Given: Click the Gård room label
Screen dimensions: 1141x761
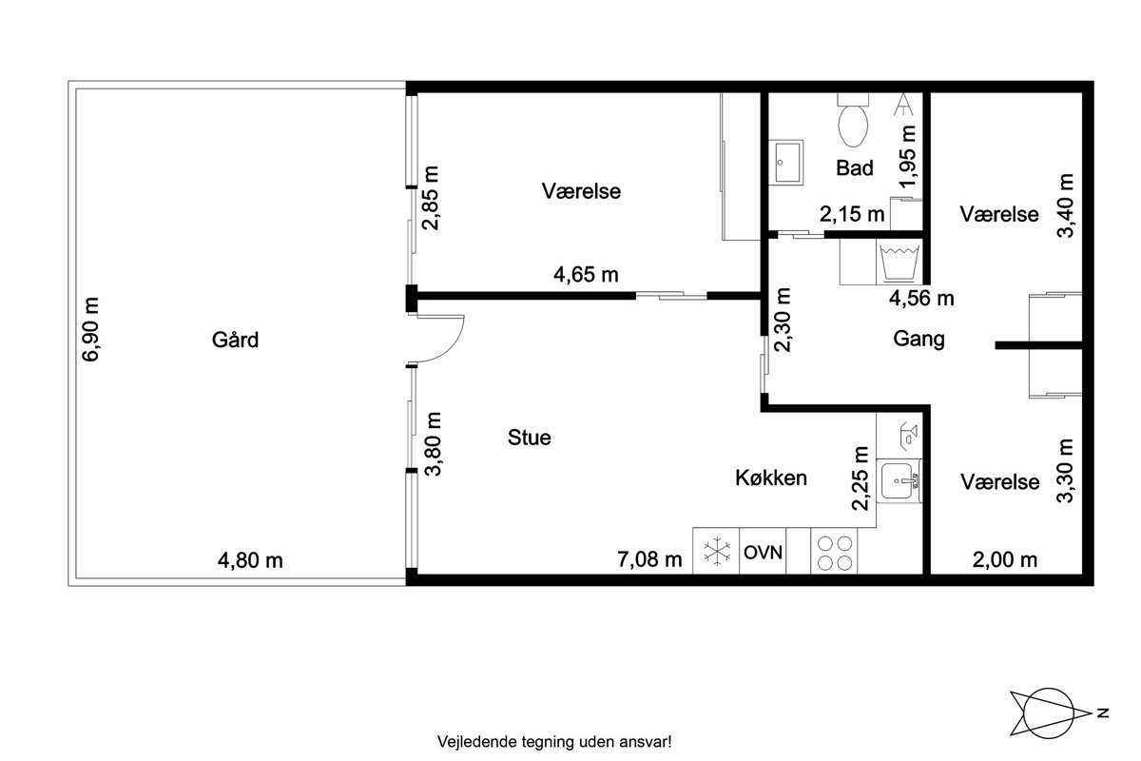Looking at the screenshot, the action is (236, 341).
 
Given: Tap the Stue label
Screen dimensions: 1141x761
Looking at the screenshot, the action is (530, 438).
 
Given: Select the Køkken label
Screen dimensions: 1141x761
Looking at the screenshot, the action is (771, 478).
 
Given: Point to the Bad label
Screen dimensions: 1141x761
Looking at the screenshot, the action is (855, 167).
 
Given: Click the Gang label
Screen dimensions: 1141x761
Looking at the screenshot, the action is (919, 340).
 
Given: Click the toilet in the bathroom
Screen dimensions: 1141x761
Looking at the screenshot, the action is (853, 120).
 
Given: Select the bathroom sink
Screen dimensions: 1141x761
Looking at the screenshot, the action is (786, 163).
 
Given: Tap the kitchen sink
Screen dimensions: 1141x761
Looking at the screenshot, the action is (899, 481).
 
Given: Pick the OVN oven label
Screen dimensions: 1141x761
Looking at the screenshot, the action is (763, 553).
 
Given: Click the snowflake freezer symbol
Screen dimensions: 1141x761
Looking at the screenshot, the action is (717, 552).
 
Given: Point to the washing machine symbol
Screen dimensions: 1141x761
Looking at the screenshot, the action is (899, 263).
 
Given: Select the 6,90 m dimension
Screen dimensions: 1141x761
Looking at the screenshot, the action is (91, 329).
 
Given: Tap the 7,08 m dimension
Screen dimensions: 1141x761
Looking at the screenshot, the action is (649, 559).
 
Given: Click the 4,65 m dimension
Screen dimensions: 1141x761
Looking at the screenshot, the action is (586, 275).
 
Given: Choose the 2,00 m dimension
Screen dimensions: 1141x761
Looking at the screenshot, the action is (1005, 560).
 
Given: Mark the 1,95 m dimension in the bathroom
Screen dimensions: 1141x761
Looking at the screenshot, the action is (908, 157).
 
